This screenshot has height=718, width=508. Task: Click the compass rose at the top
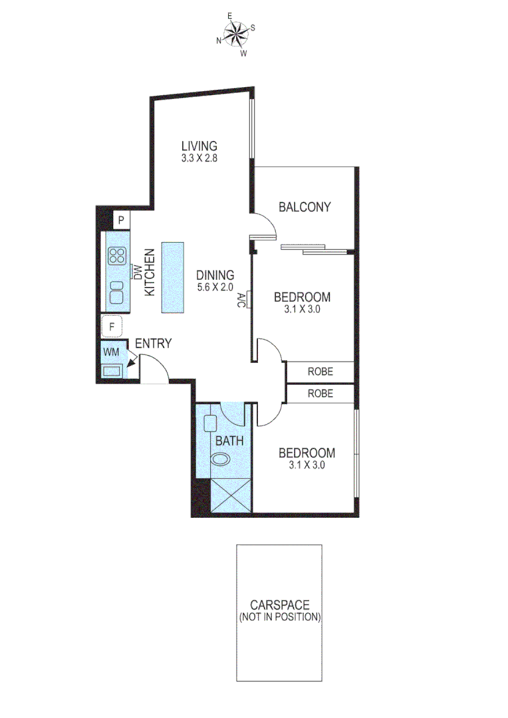(x=235, y=33)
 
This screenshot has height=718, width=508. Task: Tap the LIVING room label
(x=200, y=146)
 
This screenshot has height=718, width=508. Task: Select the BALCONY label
(x=305, y=207)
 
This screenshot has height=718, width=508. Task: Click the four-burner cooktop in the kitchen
(x=118, y=256)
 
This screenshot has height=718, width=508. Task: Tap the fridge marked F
(x=112, y=327)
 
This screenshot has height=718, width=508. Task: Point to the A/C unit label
(x=241, y=300)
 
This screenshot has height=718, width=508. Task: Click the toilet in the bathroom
(x=220, y=459)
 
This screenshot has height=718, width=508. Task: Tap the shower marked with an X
(x=229, y=495)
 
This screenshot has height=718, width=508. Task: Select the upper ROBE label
(x=320, y=372)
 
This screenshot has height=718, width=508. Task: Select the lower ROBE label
(x=320, y=394)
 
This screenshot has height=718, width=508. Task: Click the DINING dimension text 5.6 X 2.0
(x=215, y=287)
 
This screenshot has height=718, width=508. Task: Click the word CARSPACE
(x=279, y=605)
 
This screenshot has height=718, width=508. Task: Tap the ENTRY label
(x=154, y=344)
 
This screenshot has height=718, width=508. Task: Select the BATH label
(x=229, y=440)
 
